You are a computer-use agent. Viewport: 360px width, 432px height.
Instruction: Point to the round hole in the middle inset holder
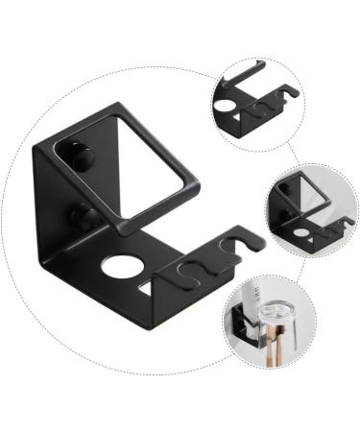(x=300, y=231)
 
